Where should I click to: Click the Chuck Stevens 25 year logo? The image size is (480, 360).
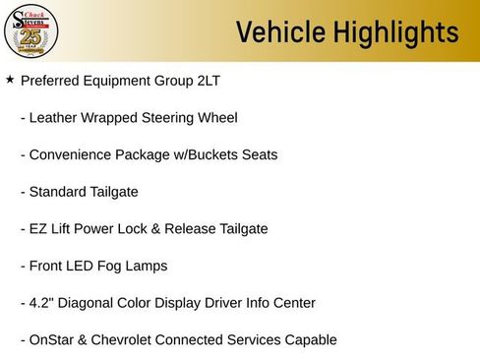[30, 31]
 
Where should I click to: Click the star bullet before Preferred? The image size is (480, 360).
[10, 79]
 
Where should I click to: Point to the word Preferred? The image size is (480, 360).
[52, 81]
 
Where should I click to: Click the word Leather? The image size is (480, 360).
[56, 118]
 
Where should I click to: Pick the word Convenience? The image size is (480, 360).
[74, 154]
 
